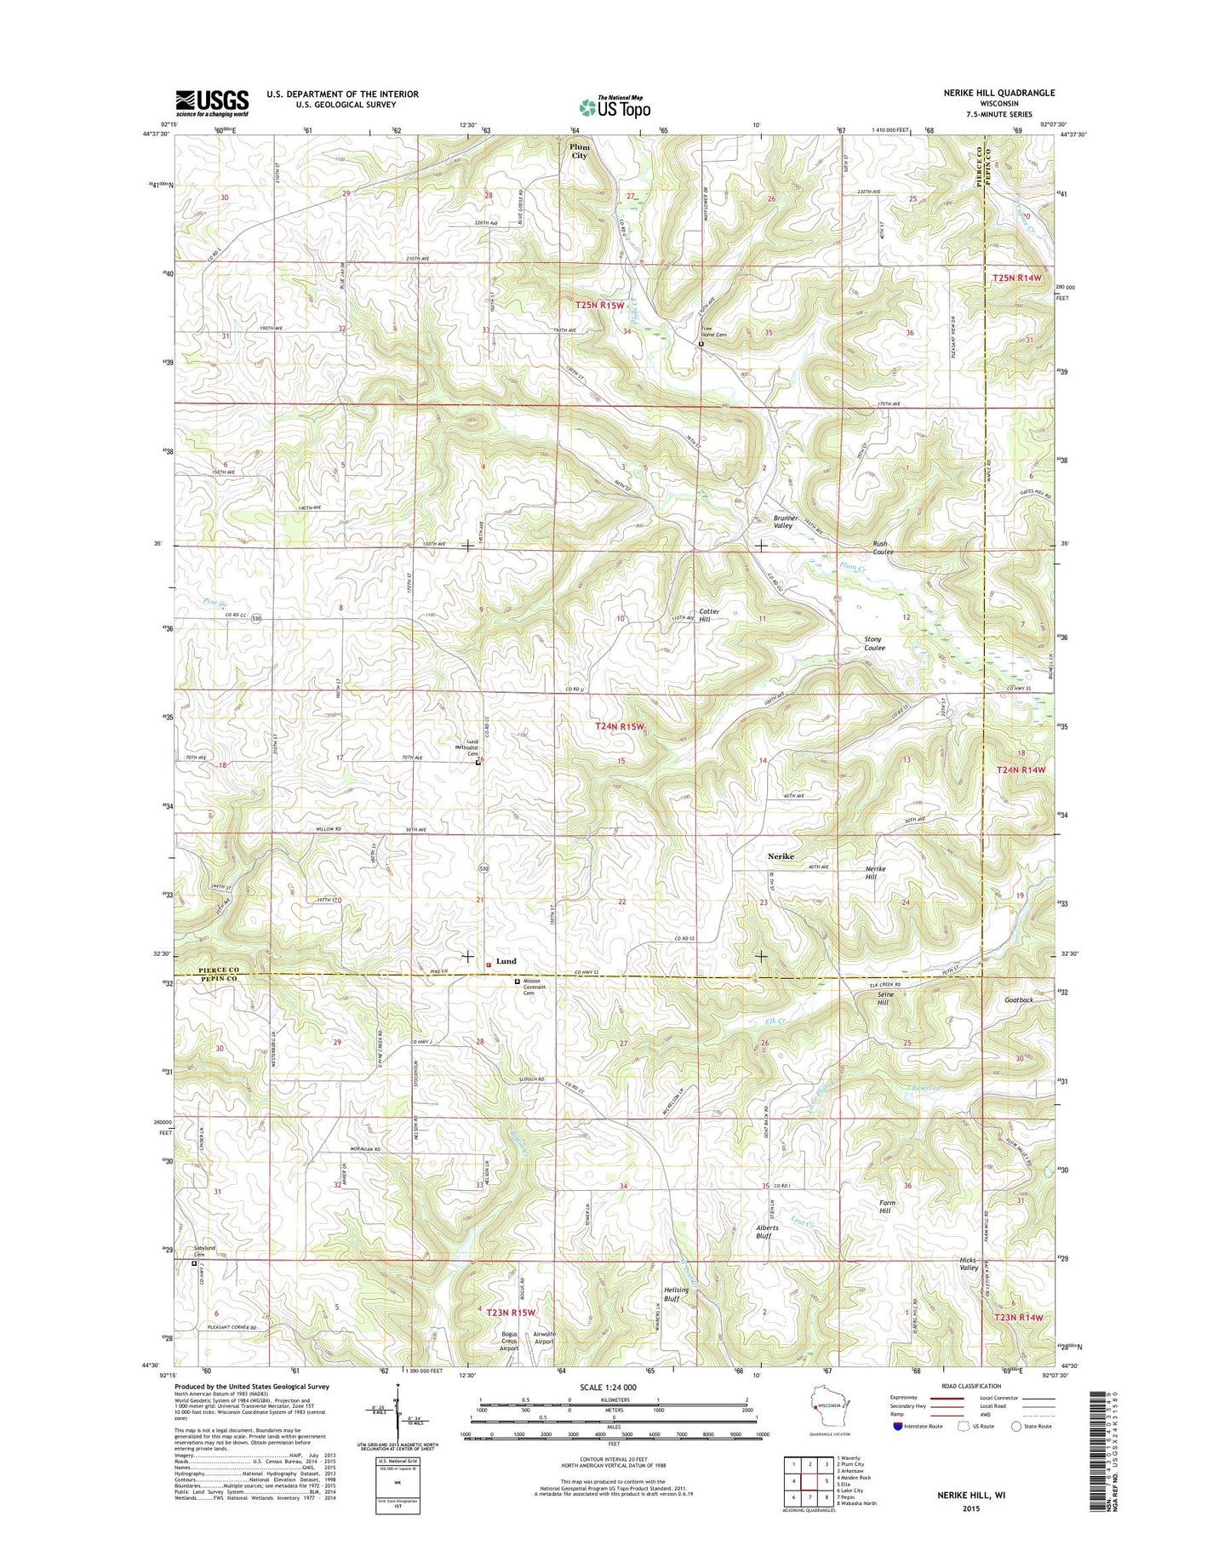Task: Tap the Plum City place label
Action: tap(580, 152)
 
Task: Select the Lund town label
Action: tap(506, 961)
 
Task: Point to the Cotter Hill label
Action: tap(710, 615)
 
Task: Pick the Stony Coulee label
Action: tap(874, 644)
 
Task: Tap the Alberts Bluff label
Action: tap(764, 1232)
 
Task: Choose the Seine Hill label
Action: tap(883, 999)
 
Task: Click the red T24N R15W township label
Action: tap(620, 726)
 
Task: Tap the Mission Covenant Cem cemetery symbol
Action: tap(517, 981)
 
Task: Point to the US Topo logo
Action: tap(615, 107)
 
